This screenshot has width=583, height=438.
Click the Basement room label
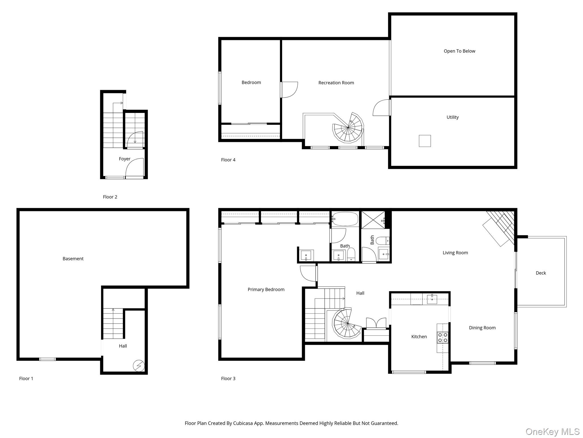tap(73, 259)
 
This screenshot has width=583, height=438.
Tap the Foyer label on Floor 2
tap(125, 159)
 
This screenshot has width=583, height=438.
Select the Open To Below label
tap(459, 51)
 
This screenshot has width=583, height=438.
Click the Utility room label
tap(453, 117)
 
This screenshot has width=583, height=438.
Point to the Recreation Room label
tap(336, 83)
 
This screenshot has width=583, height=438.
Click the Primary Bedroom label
tap(266, 289)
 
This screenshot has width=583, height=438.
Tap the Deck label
tap(541, 273)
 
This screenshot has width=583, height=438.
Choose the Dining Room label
tap(482, 328)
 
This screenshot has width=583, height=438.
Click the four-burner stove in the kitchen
tap(443, 338)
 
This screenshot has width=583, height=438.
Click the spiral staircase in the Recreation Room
tap(348, 127)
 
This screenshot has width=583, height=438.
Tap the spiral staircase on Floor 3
tap(348, 323)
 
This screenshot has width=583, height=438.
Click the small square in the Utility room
tap(425, 141)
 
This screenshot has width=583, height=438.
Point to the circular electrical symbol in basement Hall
tap(139, 366)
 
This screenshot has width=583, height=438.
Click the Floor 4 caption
tap(228, 160)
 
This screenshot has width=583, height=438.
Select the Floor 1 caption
tap(26, 379)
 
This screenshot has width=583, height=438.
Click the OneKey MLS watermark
tap(553, 432)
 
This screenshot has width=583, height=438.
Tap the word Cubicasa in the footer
tap(244, 423)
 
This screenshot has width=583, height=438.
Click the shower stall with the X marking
tap(373, 220)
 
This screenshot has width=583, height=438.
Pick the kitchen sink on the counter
tap(432, 299)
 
